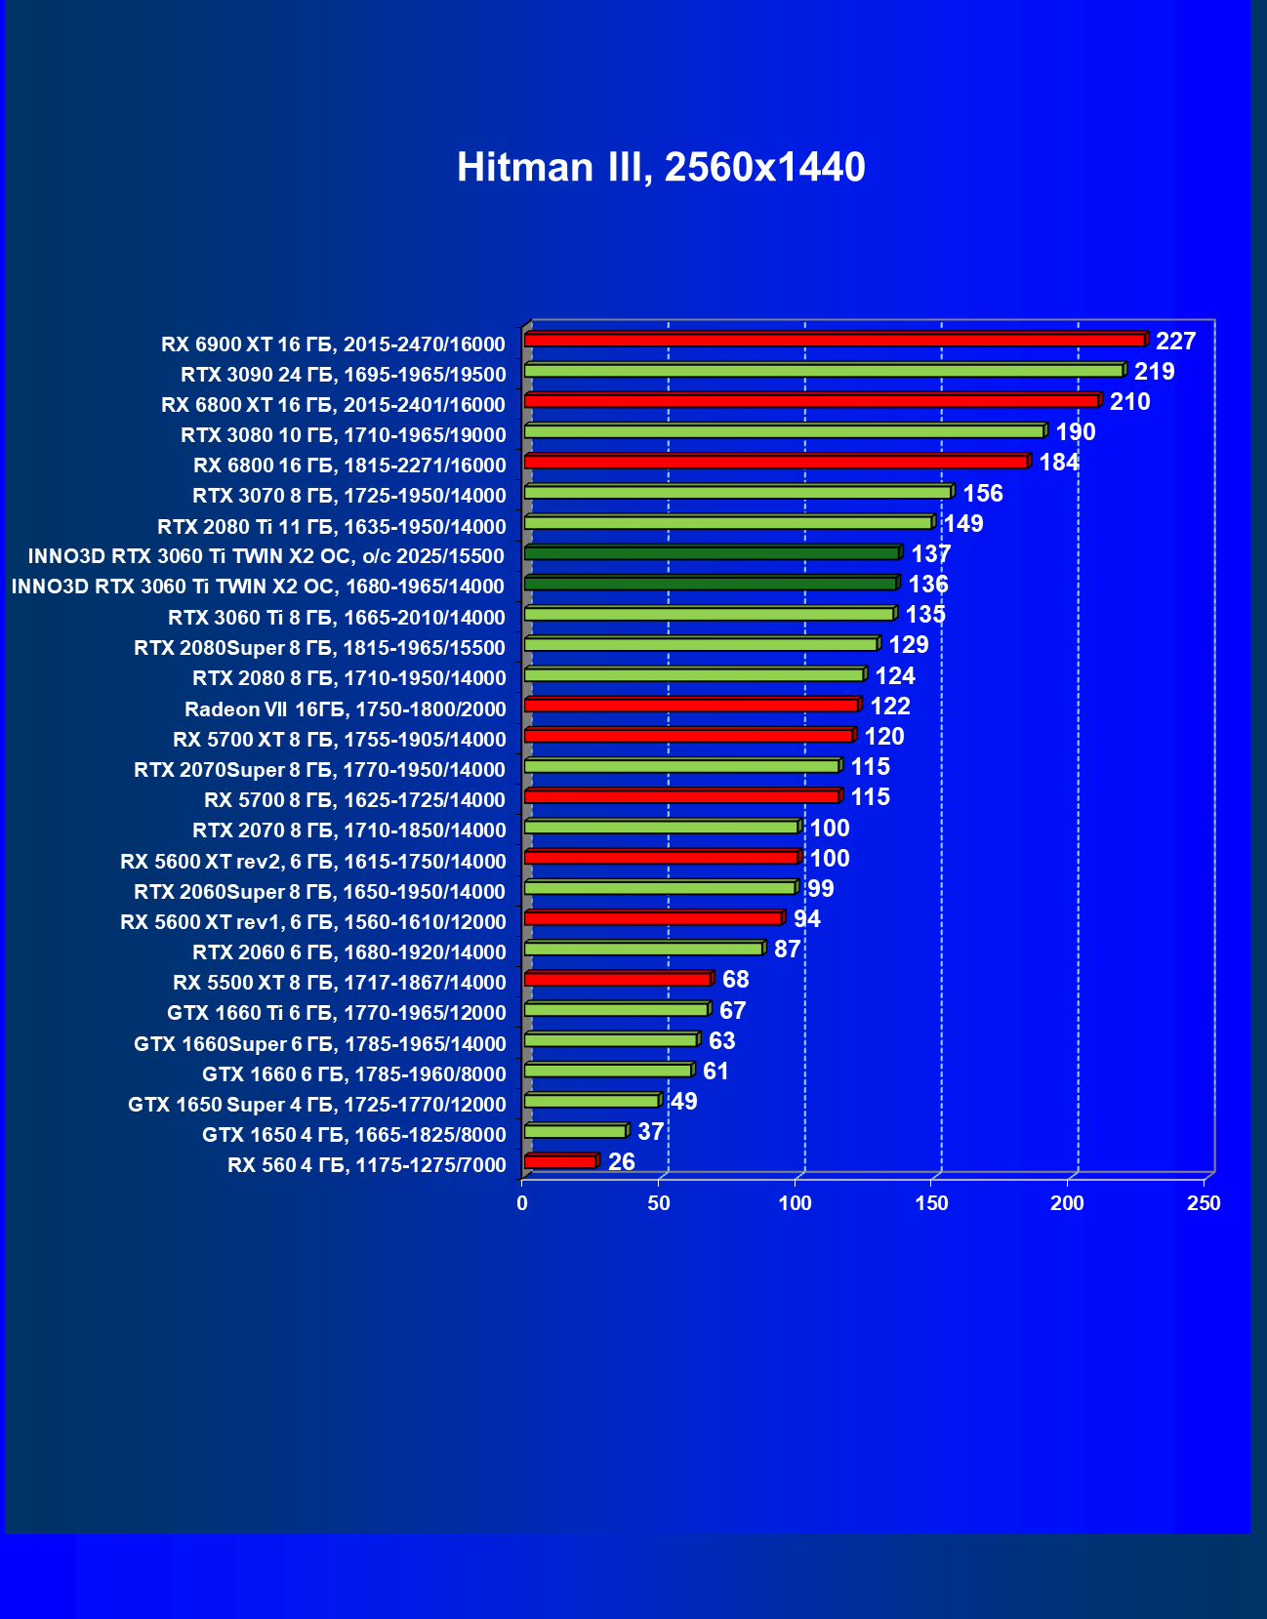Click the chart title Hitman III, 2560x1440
[661, 167]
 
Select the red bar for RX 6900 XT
[835, 340]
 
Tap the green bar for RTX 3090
[824, 371]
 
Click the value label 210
[1129, 401]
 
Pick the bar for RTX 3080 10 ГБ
[784, 431]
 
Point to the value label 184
[1059, 462]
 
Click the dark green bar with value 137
[712, 553]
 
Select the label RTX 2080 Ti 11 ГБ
[332, 527]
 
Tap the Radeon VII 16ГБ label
[346, 709]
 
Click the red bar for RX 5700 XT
[688, 736]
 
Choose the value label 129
[908, 644]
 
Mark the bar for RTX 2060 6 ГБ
[643, 949]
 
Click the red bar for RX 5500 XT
[617, 979]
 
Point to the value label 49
[684, 1101]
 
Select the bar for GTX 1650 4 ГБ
[575, 1131]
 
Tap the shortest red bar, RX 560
[559, 1161]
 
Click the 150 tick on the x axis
[931, 1203]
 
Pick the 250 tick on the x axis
[1204, 1203]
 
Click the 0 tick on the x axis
[522, 1203]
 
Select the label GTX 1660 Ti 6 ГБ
[337, 1013]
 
